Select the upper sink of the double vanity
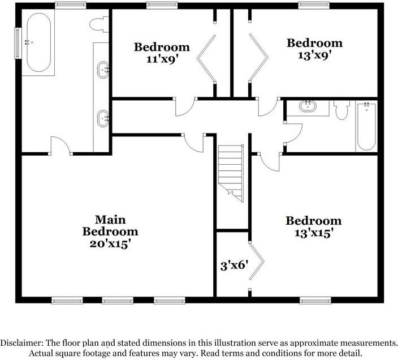point(103,70)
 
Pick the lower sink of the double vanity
point(103,119)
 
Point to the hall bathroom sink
point(308,106)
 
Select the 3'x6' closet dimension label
point(234,264)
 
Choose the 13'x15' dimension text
point(313,233)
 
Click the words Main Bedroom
point(110,225)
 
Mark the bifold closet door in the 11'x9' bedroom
point(206,58)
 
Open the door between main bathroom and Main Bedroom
point(60,145)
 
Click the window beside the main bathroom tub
point(17,43)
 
